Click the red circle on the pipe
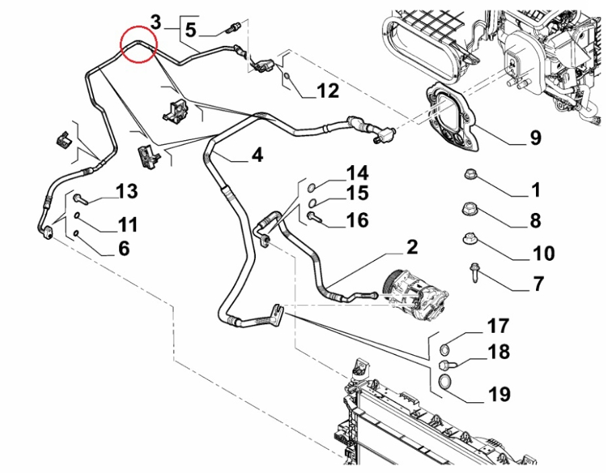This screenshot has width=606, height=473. (x=138, y=26)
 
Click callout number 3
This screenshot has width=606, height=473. (x=156, y=22)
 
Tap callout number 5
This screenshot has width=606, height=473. (x=191, y=30)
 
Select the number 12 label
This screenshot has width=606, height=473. (x=328, y=91)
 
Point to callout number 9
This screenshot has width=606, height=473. (x=535, y=137)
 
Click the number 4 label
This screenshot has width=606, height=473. (x=257, y=155)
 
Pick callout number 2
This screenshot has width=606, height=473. (x=412, y=247)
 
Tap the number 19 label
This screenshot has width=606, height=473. (x=500, y=394)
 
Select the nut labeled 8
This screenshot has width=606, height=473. (x=469, y=210)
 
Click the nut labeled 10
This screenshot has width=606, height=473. (x=469, y=239)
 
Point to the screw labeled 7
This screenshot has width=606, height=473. (x=474, y=272)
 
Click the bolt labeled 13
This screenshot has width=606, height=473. (x=81, y=199)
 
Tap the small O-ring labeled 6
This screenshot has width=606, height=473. (x=77, y=233)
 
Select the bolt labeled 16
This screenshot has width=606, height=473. (x=313, y=218)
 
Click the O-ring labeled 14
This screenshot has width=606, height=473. (x=312, y=189)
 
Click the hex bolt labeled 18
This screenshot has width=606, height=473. (x=447, y=365)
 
